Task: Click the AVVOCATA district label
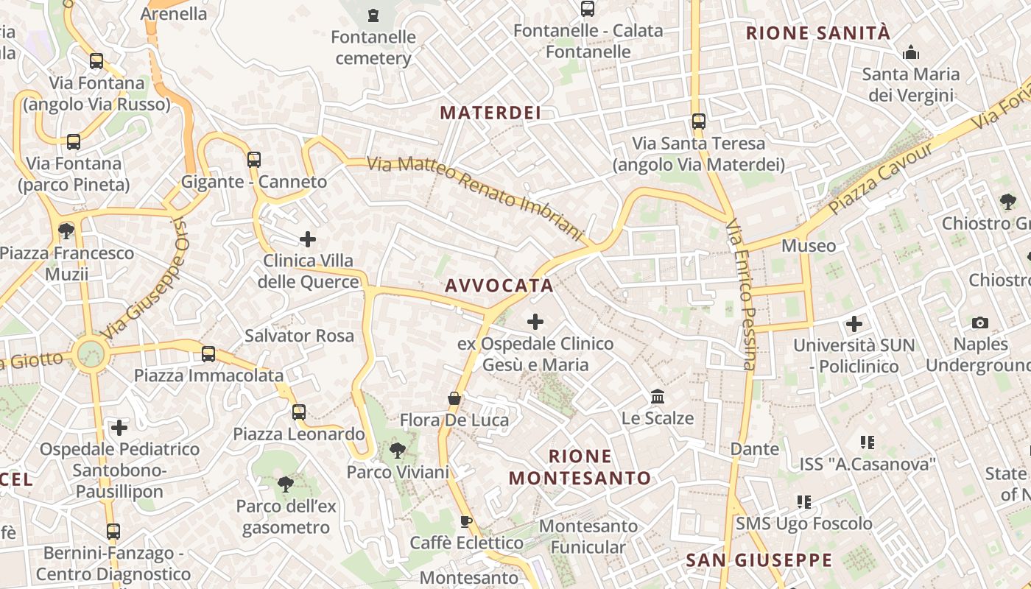pos(499,286)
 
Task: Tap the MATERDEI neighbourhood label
pos(490,113)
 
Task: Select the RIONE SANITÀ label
pos(818,33)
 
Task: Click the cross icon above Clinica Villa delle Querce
pos(308,239)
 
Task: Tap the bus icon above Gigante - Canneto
pos(254,159)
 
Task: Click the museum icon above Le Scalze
pos(658,397)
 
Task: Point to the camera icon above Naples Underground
pos(979,322)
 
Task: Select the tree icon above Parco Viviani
pos(398,449)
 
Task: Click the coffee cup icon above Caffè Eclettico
pos(465,521)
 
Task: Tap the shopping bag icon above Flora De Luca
pos(454,398)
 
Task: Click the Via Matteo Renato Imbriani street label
pos(475,196)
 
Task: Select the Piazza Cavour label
pos(880,178)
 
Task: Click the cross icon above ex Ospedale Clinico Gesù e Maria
pos(535,322)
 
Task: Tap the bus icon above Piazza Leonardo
pos(299,412)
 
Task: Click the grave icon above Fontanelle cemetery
pos(373,15)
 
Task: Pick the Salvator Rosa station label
pos(299,336)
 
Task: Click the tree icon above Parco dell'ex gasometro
pos(286,484)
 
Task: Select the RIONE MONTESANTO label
pos(580,467)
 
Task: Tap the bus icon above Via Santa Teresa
pos(698,121)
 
